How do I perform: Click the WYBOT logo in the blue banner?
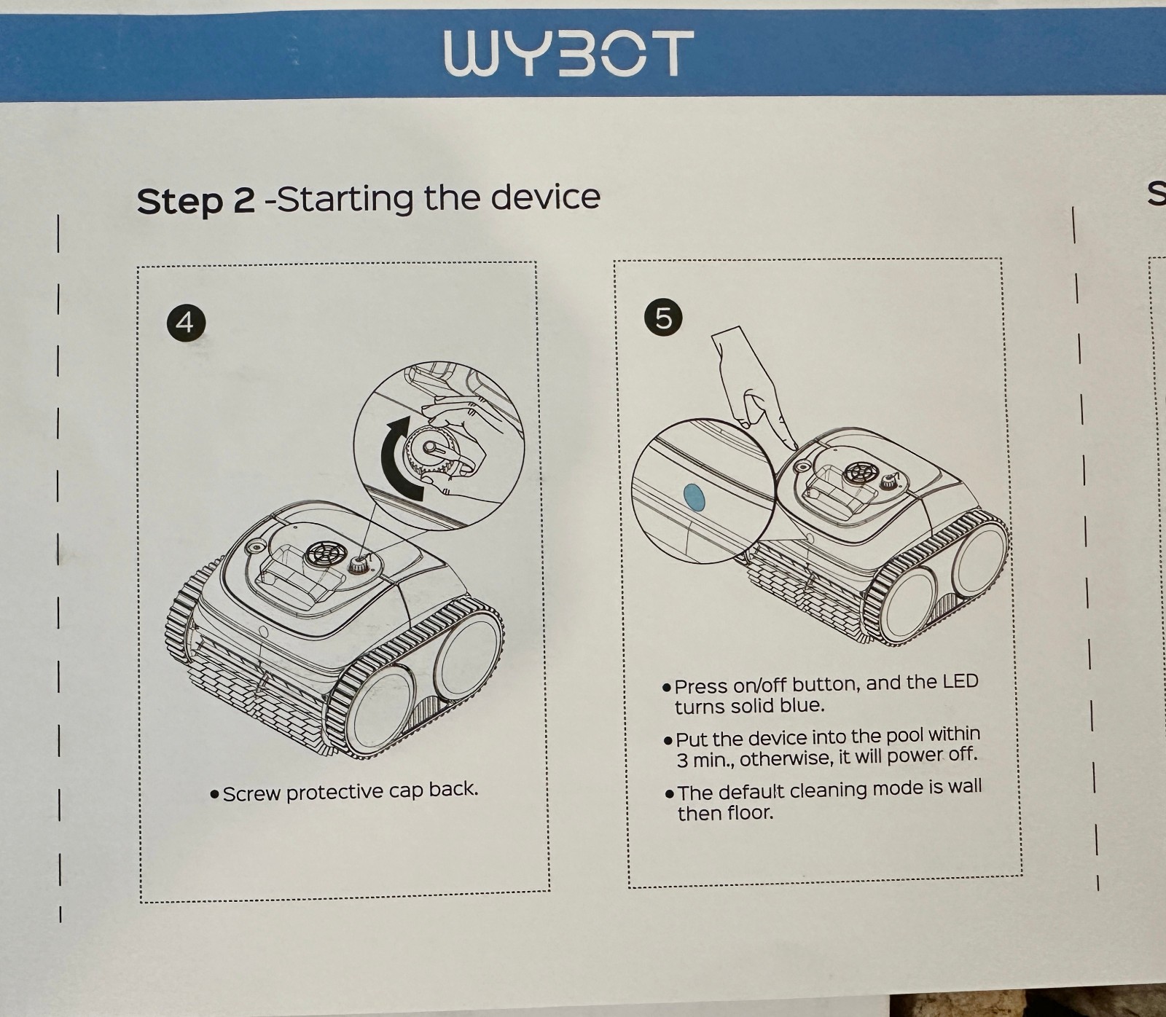(x=568, y=53)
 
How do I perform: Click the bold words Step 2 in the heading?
(x=195, y=200)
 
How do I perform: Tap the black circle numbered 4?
(x=185, y=321)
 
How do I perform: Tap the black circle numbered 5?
(x=663, y=318)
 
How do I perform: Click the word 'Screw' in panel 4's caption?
(x=252, y=793)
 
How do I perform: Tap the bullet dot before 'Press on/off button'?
(x=666, y=687)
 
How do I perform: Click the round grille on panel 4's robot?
(x=320, y=553)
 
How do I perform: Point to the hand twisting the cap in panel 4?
(x=452, y=452)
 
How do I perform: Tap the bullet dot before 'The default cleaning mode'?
(x=669, y=793)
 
